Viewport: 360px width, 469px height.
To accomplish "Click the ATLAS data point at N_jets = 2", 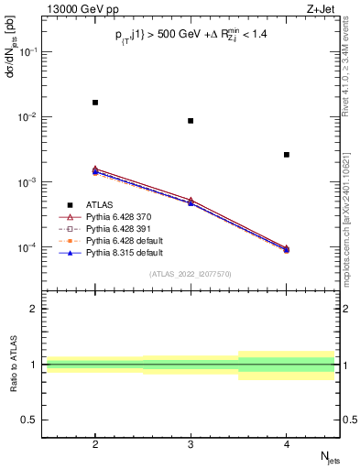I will click(x=95, y=103).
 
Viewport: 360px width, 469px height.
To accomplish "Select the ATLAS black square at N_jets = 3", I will click(x=191, y=121).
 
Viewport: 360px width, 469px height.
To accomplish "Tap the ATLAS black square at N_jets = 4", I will click(x=287, y=155).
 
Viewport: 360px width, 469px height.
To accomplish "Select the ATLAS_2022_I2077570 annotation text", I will click(x=191, y=273).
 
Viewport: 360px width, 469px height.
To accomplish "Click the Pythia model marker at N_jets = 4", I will click(x=287, y=249).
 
